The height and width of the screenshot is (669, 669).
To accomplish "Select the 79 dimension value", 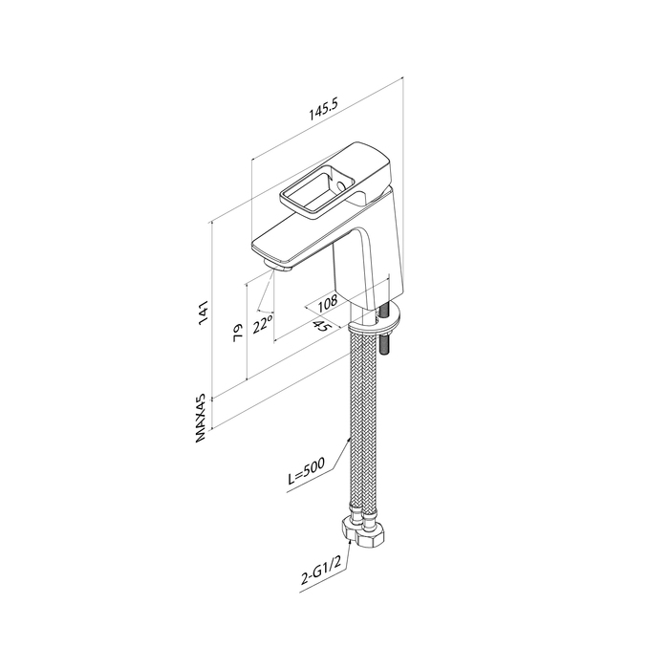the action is (x=238, y=332).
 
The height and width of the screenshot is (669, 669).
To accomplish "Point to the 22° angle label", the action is (x=263, y=324).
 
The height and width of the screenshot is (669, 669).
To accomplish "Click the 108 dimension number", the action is (x=328, y=303).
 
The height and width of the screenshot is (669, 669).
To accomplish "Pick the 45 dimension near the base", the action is (x=323, y=326).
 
